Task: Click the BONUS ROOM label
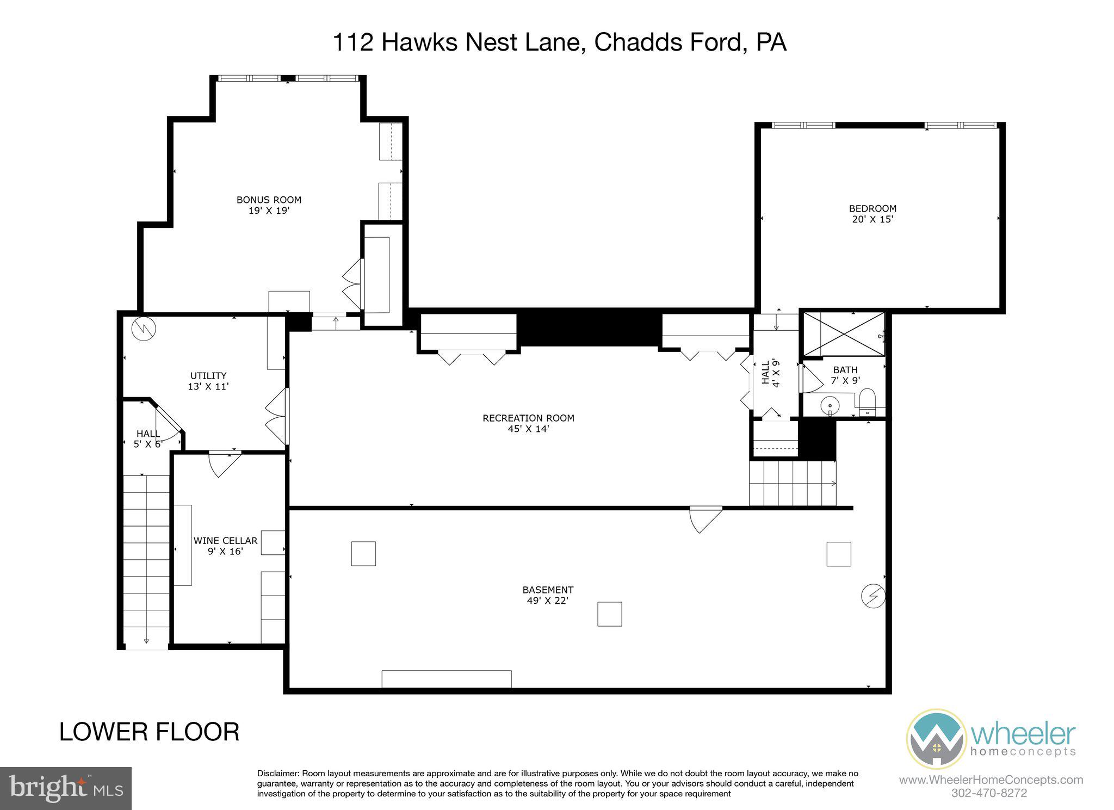pos(268,205)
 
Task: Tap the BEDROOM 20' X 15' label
pos(872,214)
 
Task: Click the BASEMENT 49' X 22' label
pos(548,595)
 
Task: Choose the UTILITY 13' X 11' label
pos(208,381)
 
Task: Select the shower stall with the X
pos(844,333)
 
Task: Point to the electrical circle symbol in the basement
pos(872,596)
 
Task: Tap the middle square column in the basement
pos(609,614)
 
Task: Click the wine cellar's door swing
pos(224,463)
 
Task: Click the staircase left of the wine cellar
pos(146,560)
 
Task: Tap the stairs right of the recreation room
pos(792,483)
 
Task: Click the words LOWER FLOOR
pos(149,732)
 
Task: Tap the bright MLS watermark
pos(66,788)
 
